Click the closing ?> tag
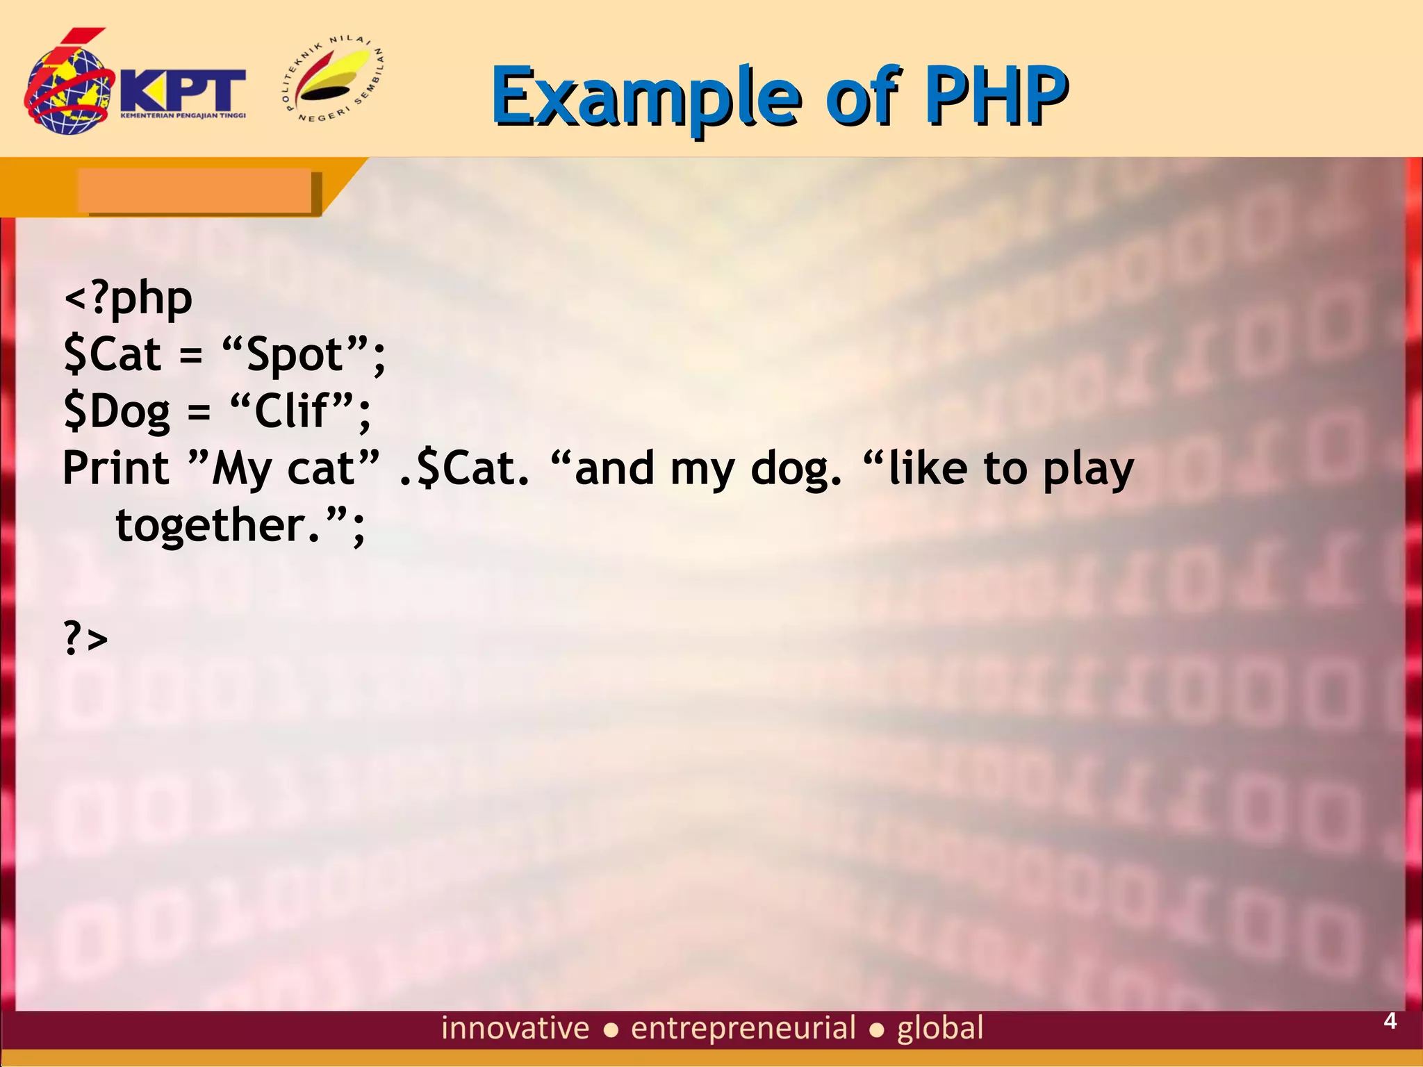click(85, 638)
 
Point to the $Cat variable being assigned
click(112, 354)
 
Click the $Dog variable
click(117, 411)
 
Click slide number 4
click(1390, 1020)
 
